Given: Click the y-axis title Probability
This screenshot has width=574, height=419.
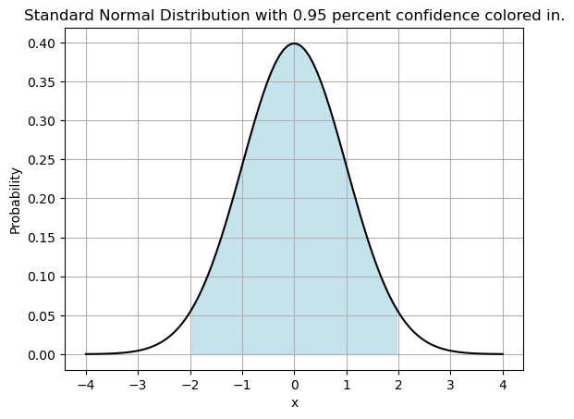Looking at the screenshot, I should click(15, 199).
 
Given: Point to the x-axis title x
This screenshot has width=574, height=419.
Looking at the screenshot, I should click(294, 402).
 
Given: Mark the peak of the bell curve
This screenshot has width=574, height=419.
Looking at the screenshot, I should click(294, 43).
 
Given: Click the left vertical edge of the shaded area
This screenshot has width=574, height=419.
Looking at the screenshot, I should click(191, 335).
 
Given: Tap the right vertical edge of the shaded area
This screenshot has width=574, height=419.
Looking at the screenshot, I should click(397, 335).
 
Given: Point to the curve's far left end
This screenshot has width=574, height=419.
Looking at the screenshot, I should click(86, 354).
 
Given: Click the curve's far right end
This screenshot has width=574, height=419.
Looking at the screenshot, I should click(503, 354).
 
